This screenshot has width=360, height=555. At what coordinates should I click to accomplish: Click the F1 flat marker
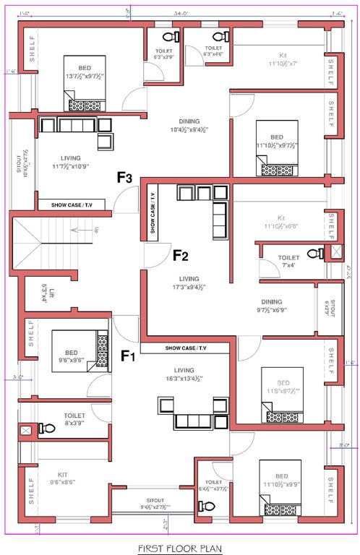tap(129, 356)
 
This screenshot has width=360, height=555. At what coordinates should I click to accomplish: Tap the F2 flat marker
tap(180, 254)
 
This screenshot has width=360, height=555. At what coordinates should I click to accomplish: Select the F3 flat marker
tap(125, 177)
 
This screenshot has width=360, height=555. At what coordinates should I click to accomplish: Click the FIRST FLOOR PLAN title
tap(179, 547)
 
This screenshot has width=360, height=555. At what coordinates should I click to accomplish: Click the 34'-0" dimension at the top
tap(182, 12)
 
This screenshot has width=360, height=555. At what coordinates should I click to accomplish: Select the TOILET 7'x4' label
tap(288, 261)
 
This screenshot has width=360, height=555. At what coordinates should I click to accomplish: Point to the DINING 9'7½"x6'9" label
tap(272, 306)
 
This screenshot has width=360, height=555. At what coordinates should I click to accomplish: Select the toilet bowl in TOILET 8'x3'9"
tap(47, 429)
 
